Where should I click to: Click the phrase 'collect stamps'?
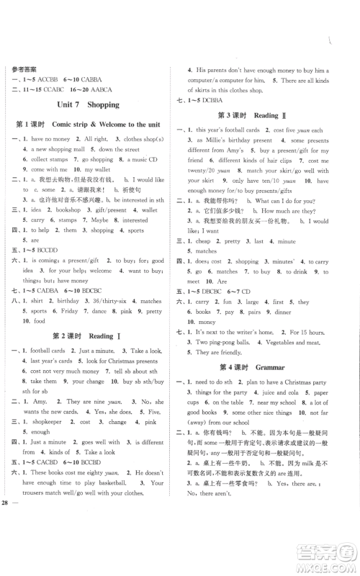tap(51, 158)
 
